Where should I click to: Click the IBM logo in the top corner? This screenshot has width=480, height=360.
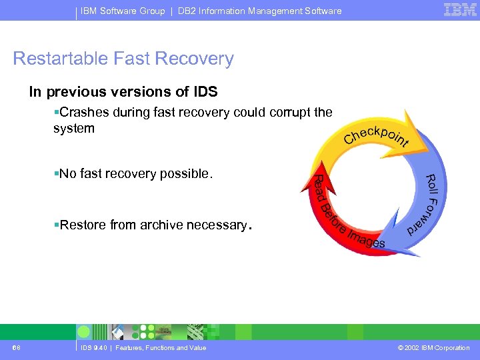(460, 10)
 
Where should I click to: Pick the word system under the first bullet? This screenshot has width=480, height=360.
(74, 128)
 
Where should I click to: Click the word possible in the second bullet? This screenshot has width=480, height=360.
(187, 174)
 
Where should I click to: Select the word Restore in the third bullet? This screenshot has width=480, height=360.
(83, 225)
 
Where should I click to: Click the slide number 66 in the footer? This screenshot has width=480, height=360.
(16, 348)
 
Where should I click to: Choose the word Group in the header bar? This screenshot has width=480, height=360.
(151, 11)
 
